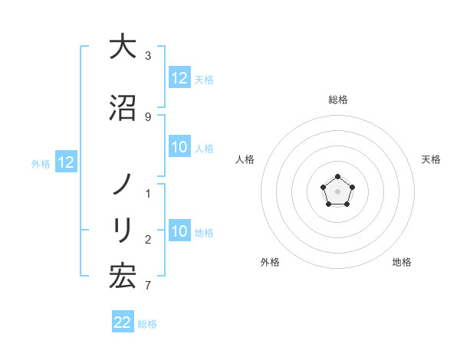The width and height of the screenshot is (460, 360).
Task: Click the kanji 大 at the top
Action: [x=123, y=47]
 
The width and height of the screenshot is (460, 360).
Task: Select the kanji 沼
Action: [x=123, y=108]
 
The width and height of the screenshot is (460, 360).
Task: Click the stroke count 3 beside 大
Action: [x=148, y=56]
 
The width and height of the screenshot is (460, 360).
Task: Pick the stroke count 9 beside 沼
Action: [x=148, y=117]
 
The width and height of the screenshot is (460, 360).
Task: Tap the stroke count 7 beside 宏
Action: [x=148, y=286]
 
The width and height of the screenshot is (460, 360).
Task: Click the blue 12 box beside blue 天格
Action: [x=179, y=78]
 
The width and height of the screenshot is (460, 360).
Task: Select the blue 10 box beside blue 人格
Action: [x=179, y=148]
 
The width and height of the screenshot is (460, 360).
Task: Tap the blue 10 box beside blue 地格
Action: [x=179, y=232]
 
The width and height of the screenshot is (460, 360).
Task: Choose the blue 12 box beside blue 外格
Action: [x=66, y=162]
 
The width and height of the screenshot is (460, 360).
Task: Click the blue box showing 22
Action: [x=123, y=322]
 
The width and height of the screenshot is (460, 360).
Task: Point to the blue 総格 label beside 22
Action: [x=147, y=324]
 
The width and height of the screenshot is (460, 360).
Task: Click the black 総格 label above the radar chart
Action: [x=338, y=100]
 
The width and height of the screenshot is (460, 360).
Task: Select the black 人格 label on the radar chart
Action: [x=245, y=159]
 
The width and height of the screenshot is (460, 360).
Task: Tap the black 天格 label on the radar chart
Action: [x=431, y=159]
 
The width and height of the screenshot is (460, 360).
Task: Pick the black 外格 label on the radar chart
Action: [x=270, y=262]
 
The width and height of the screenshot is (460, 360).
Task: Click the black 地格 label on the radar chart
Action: [x=402, y=262]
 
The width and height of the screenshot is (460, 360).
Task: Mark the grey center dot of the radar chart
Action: [x=337, y=191]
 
